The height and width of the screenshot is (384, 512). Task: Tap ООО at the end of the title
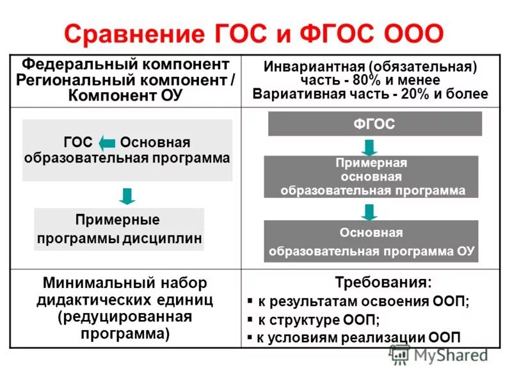[412, 33]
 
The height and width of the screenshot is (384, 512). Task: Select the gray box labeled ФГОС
[374, 124]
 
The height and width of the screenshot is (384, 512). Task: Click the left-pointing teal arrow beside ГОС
[107, 143]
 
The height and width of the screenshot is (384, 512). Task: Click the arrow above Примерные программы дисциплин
[128, 195]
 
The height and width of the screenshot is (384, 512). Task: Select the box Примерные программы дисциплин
[119, 229]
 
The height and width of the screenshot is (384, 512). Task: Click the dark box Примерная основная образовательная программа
[372, 177]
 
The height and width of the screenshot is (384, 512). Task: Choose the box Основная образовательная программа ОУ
[371, 241]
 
